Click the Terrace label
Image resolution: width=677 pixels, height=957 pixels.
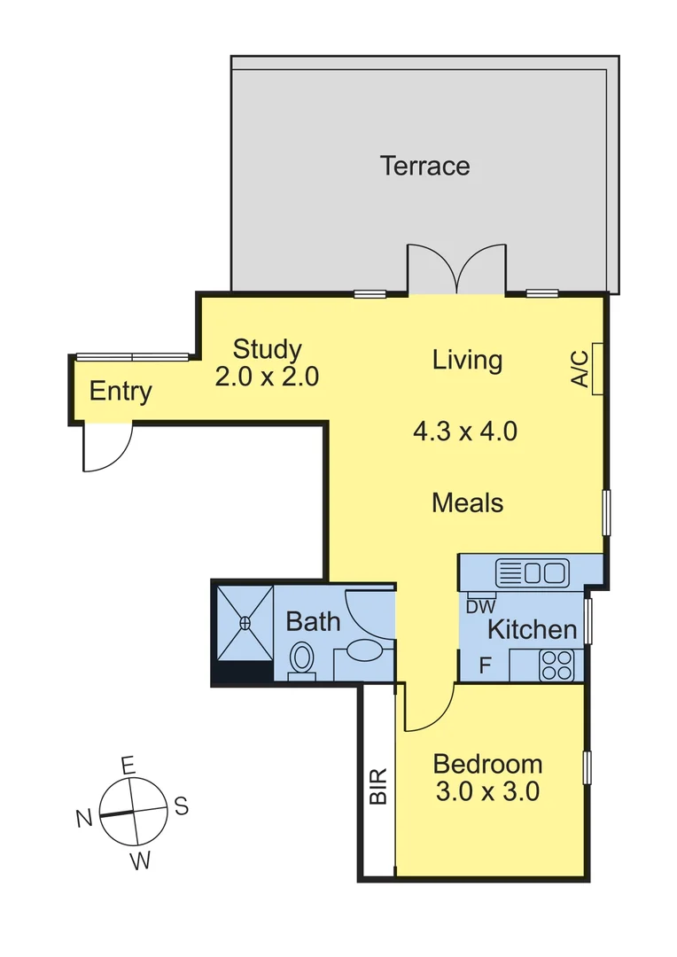point(425,166)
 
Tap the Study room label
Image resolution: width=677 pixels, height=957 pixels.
point(267,349)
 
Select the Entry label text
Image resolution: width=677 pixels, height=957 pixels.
point(121,392)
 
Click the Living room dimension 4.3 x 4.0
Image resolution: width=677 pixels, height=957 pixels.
point(465,432)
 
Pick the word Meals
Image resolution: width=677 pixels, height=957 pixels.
point(468,503)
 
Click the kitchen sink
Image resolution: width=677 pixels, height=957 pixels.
point(532,572)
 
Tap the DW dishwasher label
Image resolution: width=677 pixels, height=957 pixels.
point(479,607)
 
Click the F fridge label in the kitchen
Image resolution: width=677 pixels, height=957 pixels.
point(486,665)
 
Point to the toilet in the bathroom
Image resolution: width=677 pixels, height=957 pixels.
point(302,660)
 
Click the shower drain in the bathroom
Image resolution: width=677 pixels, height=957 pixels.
point(245,623)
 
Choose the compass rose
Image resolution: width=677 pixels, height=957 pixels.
point(133,811)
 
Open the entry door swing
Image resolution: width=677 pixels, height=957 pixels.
point(106,447)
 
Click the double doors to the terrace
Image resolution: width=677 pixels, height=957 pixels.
point(455,269)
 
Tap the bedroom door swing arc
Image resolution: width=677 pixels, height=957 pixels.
point(430,709)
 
